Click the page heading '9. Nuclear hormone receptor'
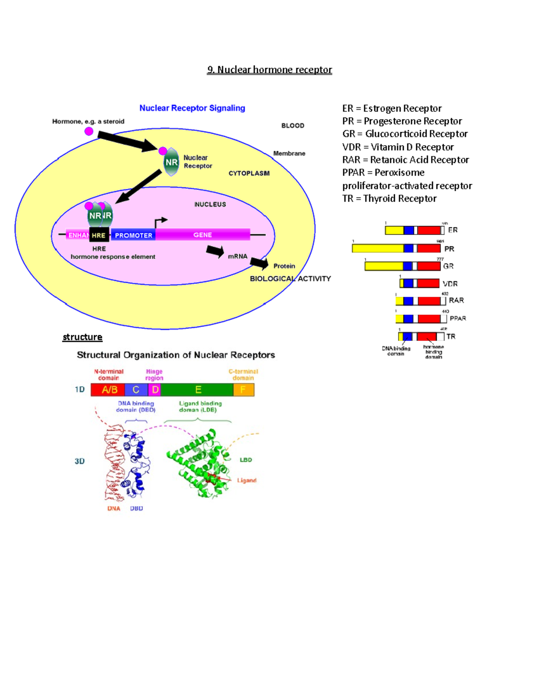pyautogui.click(x=269, y=70)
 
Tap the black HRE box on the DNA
pyautogui.click(x=99, y=235)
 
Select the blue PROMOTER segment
pyautogui.click(x=133, y=235)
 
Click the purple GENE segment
pyautogui.click(x=203, y=235)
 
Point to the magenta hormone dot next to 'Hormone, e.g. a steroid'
pyautogui.click(x=89, y=131)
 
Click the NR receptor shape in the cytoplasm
pyautogui.click(x=171, y=162)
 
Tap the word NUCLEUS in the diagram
pyautogui.click(x=210, y=204)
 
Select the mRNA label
pyautogui.click(x=238, y=256)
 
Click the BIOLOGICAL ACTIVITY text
pyautogui.click(x=290, y=279)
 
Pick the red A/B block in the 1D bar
pyautogui.click(x=108, y=390)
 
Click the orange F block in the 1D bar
pyautogui.click(x=243, y=390)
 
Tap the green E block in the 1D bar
pyautogui.click(x=198, y=390)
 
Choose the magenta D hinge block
pyautogui.click(x=155, y=390)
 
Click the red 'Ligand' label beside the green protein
pyautogui.click(x=247, y=480)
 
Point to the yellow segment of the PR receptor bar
pyautogui.click(x=377, y=248)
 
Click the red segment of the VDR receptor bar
pyautogui.click(x=428, y=283)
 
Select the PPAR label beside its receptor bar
pyautogui.click(x=458, y=318)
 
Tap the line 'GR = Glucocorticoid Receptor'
pyautogui.click(x=405, y=134)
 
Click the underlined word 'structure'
pyautogui.click(x=83, y=337)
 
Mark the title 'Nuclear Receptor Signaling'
pyautogui.click(x=192, y=108)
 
